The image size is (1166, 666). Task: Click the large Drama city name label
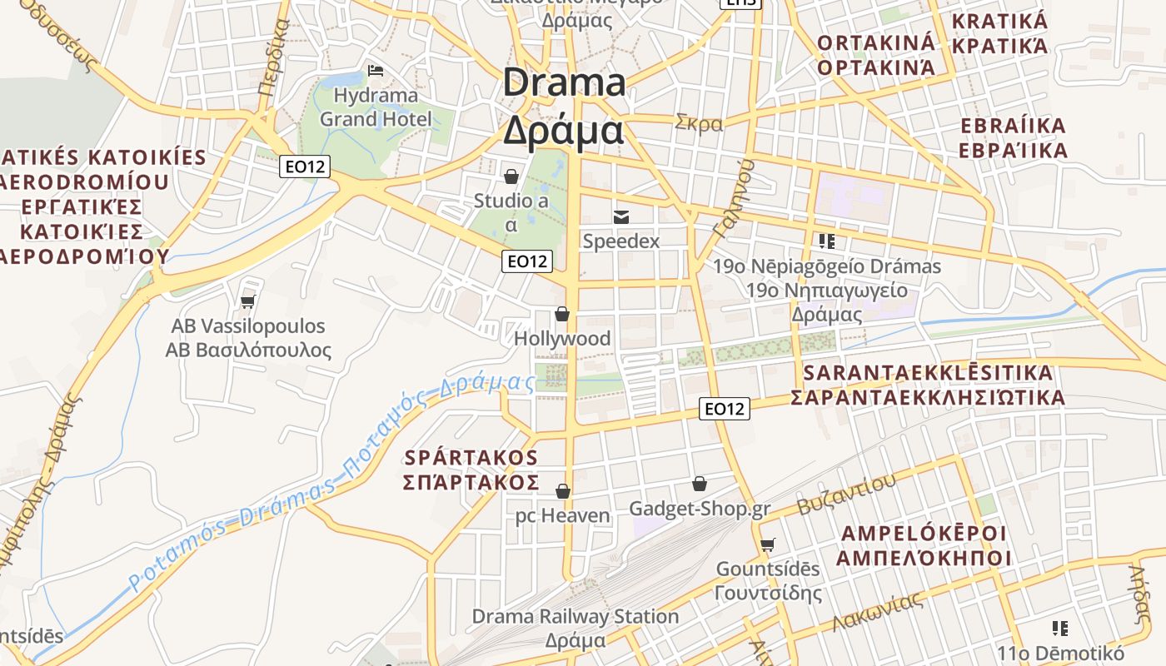[x=564, y=107]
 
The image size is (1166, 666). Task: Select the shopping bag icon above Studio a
[x=511, y=176]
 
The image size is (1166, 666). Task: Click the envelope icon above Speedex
[x=621, y=216]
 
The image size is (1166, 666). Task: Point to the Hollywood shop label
[x=562, y=339]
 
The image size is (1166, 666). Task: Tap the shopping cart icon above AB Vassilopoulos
[x=247, y=301]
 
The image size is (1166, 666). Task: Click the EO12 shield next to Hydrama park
[x=304, y=166]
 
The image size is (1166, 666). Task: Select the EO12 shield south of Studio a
[x=528, y=261]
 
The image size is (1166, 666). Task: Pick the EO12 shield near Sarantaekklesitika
[x=724, y=409]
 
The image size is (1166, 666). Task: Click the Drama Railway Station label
[x=576, y=617]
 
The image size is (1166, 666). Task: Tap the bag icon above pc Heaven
[x=563, y=491]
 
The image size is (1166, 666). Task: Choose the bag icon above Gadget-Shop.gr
[x=700, y=484]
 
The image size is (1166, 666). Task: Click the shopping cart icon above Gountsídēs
[x=767, y=544]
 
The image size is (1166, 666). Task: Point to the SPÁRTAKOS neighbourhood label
[x=471, y=470]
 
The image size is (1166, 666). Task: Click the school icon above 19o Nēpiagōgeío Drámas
[x=826, y=241]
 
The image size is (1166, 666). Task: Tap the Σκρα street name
[x=699, y=123]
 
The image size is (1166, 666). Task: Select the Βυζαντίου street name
[x=846, y=495]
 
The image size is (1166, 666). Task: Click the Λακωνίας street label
[x=877, y=612]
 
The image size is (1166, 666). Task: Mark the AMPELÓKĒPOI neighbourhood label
[x=923, y=545]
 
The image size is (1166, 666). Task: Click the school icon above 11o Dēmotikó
[x=1059, y=628]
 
